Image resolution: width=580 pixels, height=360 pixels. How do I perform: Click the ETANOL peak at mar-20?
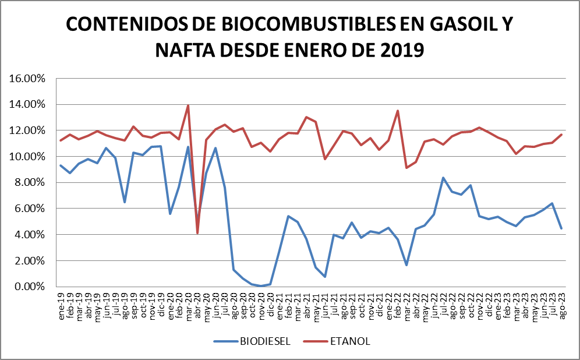pyautogui.click(x=188, y=105)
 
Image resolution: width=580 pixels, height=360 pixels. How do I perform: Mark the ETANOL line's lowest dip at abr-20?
pyautogui.click(x=197, y=233)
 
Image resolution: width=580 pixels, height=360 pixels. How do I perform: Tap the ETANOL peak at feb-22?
pyautogui.click(x=397, y=111)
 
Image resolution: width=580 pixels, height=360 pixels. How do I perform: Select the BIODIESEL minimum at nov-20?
pyautogui.click(x=261, y=286)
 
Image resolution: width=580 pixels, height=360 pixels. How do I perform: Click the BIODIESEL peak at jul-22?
pyautogui.click(x=443, y=178)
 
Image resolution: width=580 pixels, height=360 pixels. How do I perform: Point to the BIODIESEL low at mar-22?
pyautogui.click(x=406, y=265)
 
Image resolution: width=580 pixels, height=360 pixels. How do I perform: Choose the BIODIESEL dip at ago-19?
pyautogui.click(x=125, y=202)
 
